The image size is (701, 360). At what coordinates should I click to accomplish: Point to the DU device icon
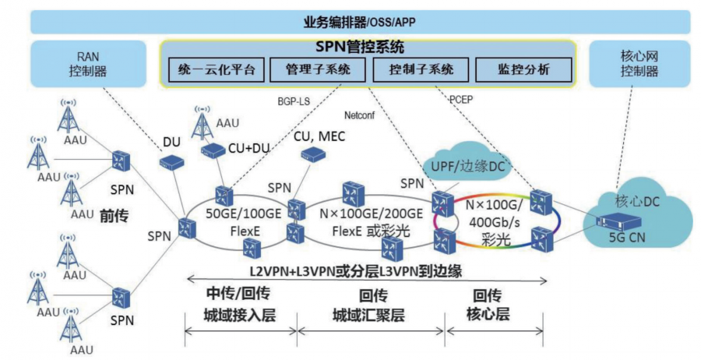coord(171,162)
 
